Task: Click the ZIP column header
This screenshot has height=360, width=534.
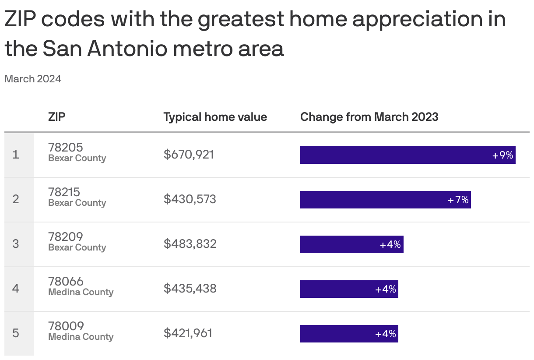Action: pos(57,117)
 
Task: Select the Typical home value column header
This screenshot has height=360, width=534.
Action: pos(215,117)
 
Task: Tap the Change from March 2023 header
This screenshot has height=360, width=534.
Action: pos(369,117)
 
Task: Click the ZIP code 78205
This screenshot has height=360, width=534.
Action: pos(66,147)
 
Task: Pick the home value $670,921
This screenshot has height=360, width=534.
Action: pos(189,155)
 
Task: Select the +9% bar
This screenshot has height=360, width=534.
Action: pos(408,155)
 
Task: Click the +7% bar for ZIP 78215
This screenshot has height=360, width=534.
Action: pos(385,200)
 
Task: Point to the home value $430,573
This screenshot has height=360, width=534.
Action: pos(190,199)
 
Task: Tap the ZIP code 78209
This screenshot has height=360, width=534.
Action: pos(66,236)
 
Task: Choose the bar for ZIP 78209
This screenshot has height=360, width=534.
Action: pos(351,244)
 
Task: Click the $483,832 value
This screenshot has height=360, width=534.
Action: pos(190,244)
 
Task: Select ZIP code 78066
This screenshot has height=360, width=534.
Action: pos(66,281)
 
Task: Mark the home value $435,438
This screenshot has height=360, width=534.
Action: pos(190,289)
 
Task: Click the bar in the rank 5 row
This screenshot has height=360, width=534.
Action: pos(349,334)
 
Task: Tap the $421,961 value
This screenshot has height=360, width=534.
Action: pos(188,333)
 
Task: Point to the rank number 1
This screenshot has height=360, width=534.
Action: pos(16,155)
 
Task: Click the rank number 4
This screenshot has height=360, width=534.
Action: pos(16,289)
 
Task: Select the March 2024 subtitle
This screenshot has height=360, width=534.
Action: pos(33,79)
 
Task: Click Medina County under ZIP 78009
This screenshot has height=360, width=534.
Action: pos(81,337)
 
